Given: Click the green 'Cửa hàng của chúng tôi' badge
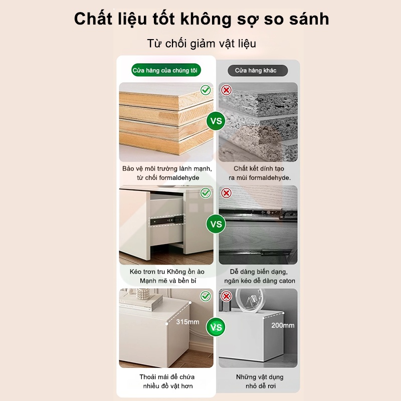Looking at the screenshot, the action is point(166,70).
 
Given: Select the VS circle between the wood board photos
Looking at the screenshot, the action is point(216,121).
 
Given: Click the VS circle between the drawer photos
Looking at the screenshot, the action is point(216,224).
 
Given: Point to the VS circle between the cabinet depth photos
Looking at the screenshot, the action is point(216,327).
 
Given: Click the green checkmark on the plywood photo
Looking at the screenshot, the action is point(206,90).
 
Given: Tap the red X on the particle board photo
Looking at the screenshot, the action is point(227,90).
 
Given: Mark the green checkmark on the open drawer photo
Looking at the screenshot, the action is point(206,193).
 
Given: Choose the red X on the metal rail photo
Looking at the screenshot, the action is point(227,193).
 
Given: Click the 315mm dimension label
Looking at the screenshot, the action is point(187,322).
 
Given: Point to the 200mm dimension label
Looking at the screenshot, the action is point(283,325).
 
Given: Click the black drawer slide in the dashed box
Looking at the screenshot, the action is point(167,221).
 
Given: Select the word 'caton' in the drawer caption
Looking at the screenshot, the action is point(287,281).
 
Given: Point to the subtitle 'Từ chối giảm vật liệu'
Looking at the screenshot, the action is point(202,44).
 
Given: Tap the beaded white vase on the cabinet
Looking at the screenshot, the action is point(143,294).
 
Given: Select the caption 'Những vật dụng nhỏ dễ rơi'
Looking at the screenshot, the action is point(260,381).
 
